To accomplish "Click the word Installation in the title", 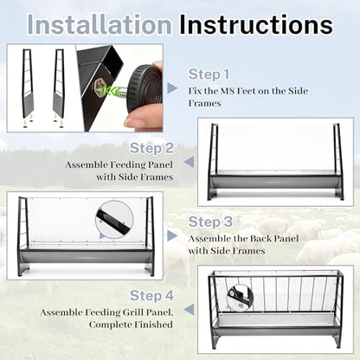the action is (100, 25).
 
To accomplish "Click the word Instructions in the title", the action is (256, 25).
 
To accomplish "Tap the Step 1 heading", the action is (209, 74).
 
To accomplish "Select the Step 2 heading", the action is (151, 148).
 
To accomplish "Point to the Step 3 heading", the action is (210, 222).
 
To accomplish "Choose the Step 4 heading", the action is (151, 296).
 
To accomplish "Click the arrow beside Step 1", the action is (172, 88).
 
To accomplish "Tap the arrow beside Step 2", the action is (189, 162).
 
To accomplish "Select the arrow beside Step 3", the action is (172, 235).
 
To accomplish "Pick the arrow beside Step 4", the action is (189, 310).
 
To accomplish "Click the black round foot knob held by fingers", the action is (145, 88).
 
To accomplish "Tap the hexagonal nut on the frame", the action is (99, 87).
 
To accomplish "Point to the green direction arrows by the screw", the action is (112, 90).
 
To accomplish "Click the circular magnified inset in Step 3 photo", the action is (114, 220).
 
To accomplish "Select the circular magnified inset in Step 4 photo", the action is (240, 297).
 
